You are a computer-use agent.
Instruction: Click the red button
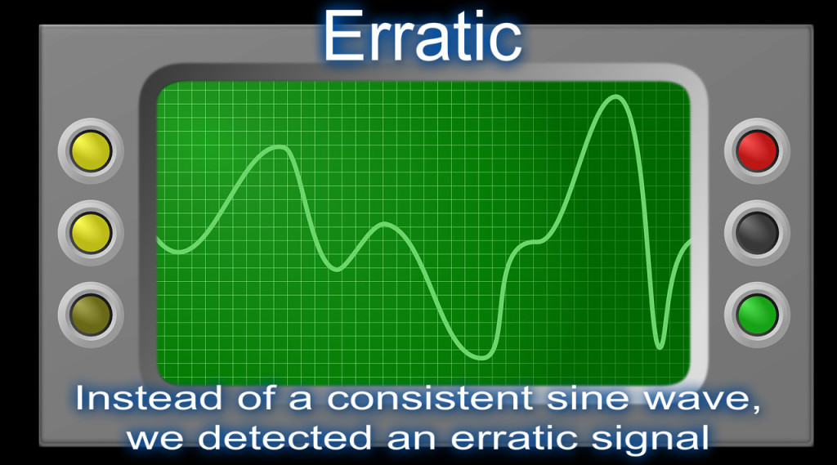tap(757, 151)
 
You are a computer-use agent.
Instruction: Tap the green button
tap(757, 315)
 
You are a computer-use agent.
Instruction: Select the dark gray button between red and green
tap(757, 233)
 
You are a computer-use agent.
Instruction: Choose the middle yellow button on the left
tap(91, 232)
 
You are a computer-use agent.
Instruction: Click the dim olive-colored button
tap(91, 314)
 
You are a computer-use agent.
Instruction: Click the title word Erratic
tap(422, 38)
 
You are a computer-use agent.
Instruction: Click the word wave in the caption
tap(688, 400)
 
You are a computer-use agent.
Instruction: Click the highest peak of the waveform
tap(614, 97)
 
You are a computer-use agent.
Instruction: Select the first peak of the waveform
tap(280, 147)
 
